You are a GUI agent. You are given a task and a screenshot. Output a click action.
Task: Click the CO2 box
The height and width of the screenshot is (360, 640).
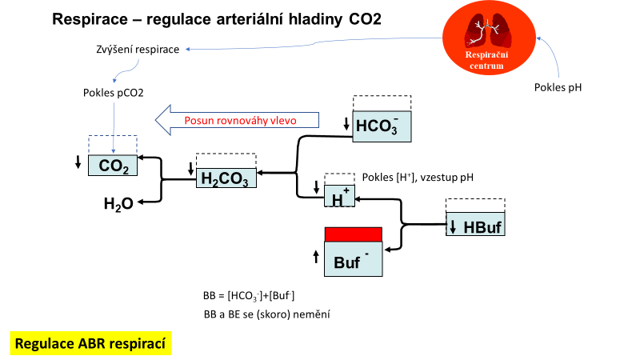[113, 166]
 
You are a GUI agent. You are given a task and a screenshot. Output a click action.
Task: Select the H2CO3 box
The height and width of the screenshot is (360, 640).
[226, 178]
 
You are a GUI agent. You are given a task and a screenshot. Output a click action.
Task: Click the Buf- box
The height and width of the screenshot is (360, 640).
[353, 259]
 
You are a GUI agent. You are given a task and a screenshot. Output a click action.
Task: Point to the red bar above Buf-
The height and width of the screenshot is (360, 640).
[353, 234]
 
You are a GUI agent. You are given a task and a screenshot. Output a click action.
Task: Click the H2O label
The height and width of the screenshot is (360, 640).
[118, 204]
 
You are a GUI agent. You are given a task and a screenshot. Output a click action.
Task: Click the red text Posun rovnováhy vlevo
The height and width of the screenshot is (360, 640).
[241, 120]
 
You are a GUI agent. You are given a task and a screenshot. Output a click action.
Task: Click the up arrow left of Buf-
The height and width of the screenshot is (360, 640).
[316, 257]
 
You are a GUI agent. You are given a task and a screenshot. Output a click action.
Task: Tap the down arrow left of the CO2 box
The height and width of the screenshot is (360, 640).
[78, 162]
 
